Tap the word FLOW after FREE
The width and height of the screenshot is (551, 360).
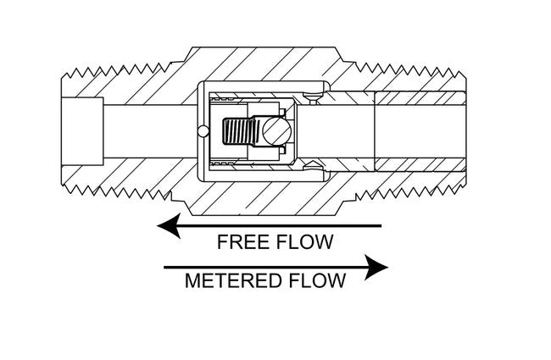[305, 241]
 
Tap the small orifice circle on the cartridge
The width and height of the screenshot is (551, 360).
[201, 130]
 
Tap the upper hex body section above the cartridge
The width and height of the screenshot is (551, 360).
[254, 64]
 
